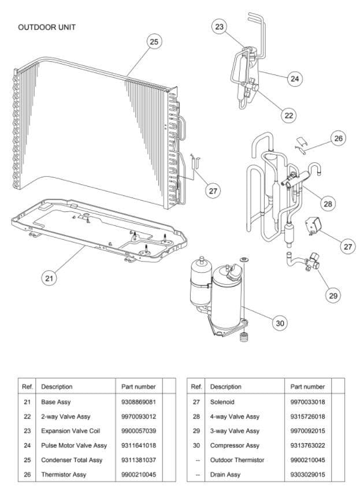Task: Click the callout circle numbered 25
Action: (x=154, y=42)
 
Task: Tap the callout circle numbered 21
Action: (x=49, y=278)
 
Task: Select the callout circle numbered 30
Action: (x=280, y=324)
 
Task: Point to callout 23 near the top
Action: (x=219, y=27)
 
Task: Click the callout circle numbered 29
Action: (x=333, y=295)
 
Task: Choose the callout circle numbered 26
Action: (x=338, y=138)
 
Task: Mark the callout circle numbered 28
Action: (x=328, y=204)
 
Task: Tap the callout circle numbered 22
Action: (x=289, y=115)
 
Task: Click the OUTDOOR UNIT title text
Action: (x=47, y=27)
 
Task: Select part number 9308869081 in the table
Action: (x=139, y=402)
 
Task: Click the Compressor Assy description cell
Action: (x=235, y=445)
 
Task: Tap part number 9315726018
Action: (x=307, y=417)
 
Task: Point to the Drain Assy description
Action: (x=225, y=474)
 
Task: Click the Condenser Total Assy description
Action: (x=72, y=460)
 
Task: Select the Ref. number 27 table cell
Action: (x=196, y=402)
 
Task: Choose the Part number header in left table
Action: (x=139, y=386)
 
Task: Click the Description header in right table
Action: (x=226, y=386)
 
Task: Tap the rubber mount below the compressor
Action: (x=244, y=337)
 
